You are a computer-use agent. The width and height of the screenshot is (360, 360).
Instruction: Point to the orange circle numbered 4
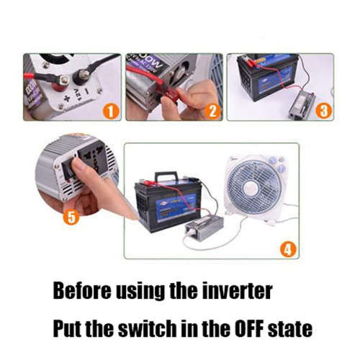tap(286, 250)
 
